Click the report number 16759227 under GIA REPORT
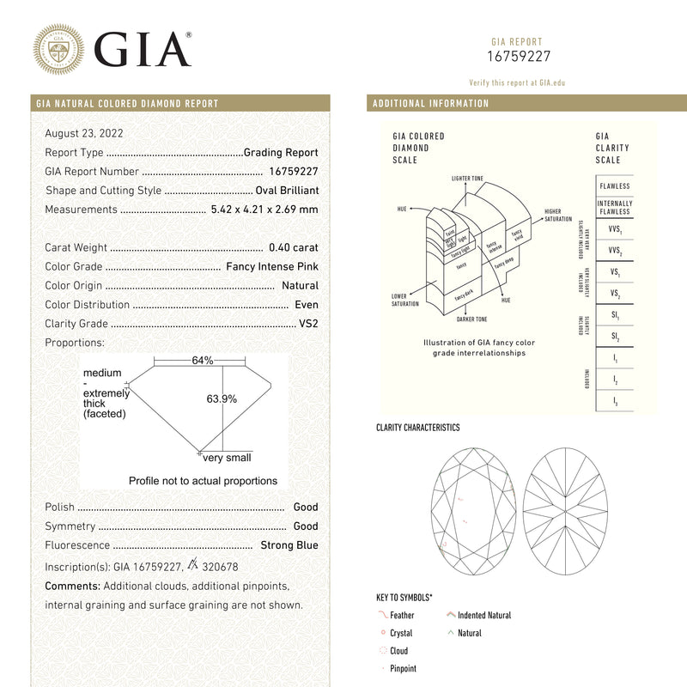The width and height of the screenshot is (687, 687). click(x=516, y=58)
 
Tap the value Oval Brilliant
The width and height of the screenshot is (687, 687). click(x=287, y=191)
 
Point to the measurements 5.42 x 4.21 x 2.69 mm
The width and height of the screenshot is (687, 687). click(x=264, y=210)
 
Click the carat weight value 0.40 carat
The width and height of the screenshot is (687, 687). click(x=293, y=247)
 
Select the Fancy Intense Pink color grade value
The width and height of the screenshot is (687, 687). click(x=271, y=267)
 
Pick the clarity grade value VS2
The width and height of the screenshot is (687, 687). click(x=308, y=324)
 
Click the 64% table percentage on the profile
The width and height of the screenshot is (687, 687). click(x=203, y=361)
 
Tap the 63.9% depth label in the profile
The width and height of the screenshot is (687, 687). click(x=222, y=398)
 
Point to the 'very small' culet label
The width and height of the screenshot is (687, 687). click(x=227, y=458)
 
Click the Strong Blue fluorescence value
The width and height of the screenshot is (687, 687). click(x=289, y=545)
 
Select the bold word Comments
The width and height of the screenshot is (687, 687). click(x=72, y=586)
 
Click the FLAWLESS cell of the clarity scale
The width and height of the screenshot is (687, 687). click(x=614, y=186)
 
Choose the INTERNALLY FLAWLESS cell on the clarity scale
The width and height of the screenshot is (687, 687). click(x=614, y=207)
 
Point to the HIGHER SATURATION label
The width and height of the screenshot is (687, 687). click(x=558, y=216)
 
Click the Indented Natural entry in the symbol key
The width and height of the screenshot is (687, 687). click(x=483, y=616)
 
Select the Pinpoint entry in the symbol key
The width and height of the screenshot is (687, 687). click(x=403, y=669)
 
